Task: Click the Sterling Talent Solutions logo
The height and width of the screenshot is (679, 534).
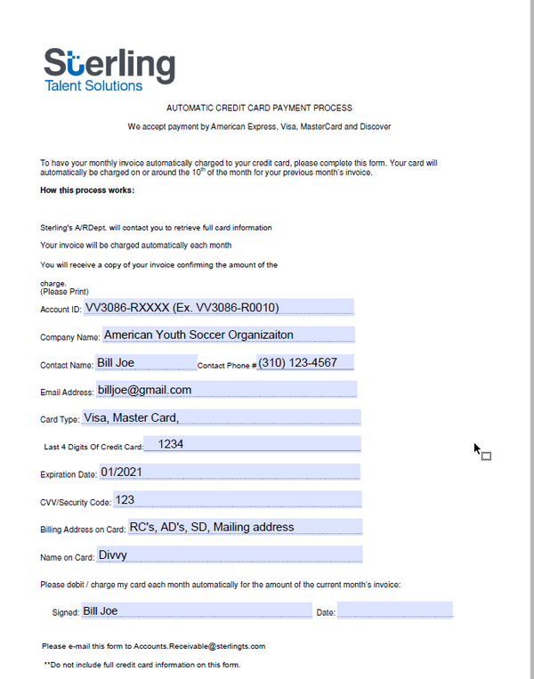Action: pyautogui.click(x=109, y=69)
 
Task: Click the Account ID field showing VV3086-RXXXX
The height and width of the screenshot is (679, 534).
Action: pyautogui.click(x=218, y=308)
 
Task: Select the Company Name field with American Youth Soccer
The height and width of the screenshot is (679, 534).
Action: pyautogui.click(x=228, y=335)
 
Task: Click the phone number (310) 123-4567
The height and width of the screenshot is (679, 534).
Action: pyautogui.click(x=305, y=363)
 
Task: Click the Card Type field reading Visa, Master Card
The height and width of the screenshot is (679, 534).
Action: pyautogui.click(x=221, y=417)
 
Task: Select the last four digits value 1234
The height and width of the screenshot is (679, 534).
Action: pyautogui.click(x=251, y=444)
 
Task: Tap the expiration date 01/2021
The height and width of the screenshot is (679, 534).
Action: pyautogui.click(x=229, y=472)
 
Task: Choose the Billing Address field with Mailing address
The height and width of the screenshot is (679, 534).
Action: pyautogui.click(x=245, y=527)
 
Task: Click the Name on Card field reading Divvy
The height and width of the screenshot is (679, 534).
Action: pyautogui.click(x=229, y=554)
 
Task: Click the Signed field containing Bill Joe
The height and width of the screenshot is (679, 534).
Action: pyautogui.click(x=196, y=611)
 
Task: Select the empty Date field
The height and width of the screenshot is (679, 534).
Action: pyautogui.click(x=394, y=611)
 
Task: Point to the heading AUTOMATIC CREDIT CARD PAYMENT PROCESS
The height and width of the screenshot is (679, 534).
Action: pyautogui.click(x=259, y=108)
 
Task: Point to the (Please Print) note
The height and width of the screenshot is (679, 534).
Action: pyautogui.click(x=64, y=292)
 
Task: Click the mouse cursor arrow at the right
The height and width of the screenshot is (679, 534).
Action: pyautogui.click(x=477, y=449)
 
